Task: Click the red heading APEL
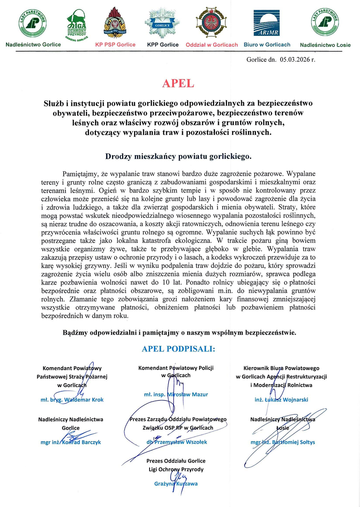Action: coord(178,83)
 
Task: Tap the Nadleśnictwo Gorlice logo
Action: coord(33,24)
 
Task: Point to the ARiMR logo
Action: coord(266,24)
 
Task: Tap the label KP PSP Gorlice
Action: coord(115,44)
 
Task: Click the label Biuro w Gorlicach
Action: coord(267,44)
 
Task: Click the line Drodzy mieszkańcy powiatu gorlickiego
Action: coord(178,156)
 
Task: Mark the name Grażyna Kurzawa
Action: coord(176,484)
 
